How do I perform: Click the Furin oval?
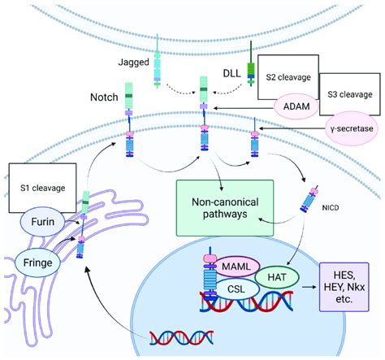click(x=42, y=222)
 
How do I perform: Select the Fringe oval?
click(x=37, y=262)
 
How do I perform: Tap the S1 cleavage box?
click(x=42, y=188)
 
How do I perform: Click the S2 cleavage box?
click(x=288, y=77)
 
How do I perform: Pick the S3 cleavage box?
click(x=350, y=94)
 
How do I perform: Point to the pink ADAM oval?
click(x=296, y=106)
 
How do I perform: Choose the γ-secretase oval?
click(x=352, y=128)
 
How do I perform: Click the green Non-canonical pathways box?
click(x=225, y=208)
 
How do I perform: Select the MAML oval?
click(x=236, y=267)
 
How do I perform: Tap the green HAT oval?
click(x=277, y=277)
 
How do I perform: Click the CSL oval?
click(x=236, y=289)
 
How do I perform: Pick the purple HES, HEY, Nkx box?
click(x=344, y=287)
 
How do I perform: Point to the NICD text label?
click(x=331, y=208)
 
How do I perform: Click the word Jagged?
click(x=133, y=63)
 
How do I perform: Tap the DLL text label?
click(x=231, y=73)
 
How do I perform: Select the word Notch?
click(x=104, y=98)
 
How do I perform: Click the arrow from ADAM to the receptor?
click(x=244, y=108)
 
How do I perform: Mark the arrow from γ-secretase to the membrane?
click(x=292, y=128)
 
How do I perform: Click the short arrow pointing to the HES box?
click(x=309, y=287)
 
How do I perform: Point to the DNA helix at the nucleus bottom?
click(x=182, y=337)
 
